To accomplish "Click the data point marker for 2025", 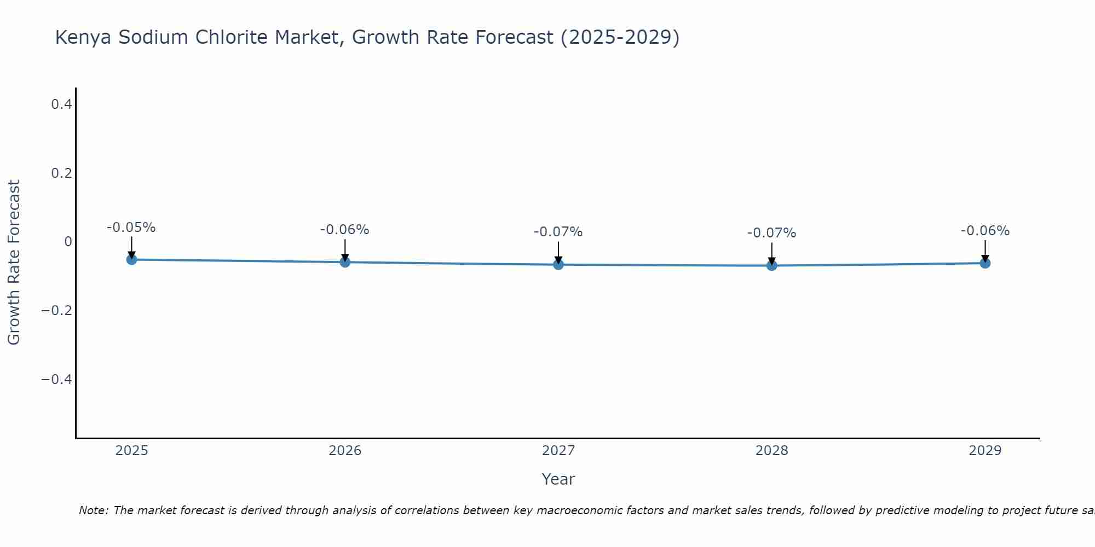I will (x=131, y=259).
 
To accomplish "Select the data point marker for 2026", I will (x=345, y=262).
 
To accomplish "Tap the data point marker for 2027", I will (x=558, y=265).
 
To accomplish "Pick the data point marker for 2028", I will (x=772, y=265).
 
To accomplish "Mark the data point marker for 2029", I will (x=985, y=263).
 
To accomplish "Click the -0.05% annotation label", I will (x=131, y=228).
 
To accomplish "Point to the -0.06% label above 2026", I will (x=344, y=230).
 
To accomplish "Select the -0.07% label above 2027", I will (x=558, y=232).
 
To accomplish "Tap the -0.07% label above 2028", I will (x=771, y=233).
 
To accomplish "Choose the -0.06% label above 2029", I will (x=985, y=231).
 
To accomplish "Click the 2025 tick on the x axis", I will (x=131, y=451).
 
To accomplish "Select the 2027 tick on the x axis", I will (x=558, y=451).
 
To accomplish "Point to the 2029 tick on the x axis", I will (x=985, y=451).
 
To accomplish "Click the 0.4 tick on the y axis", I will (x=62, y=104).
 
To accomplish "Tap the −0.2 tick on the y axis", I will (x=56, y=311).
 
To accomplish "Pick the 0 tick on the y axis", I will (x=68, y=242).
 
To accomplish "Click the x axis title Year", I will (x=558, y=479).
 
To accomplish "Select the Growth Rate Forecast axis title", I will (x=14, y=263).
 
